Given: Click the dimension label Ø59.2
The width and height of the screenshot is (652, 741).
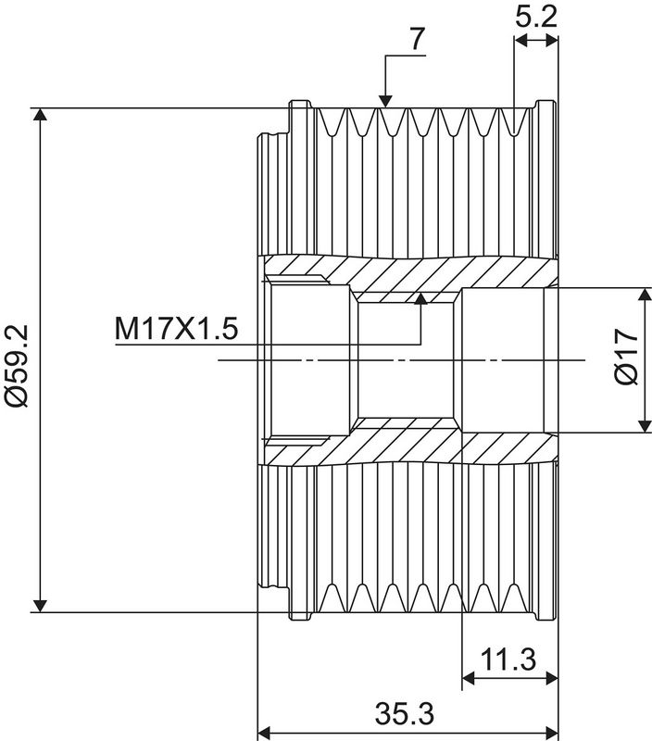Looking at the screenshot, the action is (18, 365).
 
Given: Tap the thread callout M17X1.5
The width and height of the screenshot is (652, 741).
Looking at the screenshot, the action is (176, 329).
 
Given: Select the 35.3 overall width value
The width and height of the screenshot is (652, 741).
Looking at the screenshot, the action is (405, 713).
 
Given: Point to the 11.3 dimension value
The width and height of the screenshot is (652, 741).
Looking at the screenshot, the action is (508, 659).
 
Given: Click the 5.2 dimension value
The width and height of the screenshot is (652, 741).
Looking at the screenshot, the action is (536, 17).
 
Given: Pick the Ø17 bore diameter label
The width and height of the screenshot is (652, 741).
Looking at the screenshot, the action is (626, 357).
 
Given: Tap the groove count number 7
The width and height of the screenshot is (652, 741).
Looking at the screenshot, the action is (417, 39).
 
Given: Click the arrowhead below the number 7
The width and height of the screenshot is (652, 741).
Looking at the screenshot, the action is (385, 101).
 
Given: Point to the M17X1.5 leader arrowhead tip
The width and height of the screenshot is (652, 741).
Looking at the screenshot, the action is (420, 293).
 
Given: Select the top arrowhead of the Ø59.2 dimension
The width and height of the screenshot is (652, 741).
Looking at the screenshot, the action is (40, 114).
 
